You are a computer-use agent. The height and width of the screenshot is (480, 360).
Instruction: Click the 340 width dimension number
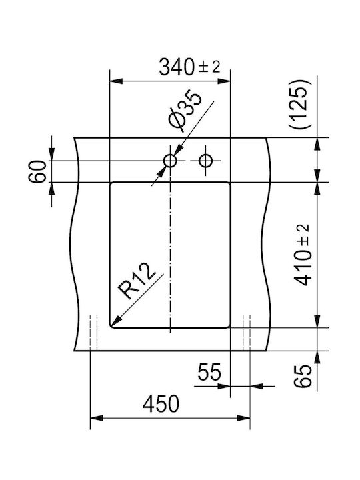(x=176, y=67)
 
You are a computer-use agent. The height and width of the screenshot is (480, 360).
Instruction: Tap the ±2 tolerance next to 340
(x=209, y=67)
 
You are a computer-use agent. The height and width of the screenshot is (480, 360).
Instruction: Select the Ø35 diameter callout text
(x=185, y=110)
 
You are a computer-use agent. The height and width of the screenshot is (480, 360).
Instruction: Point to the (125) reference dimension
(x=299, y=103)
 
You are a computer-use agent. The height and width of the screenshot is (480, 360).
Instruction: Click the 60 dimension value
(x=37, y=171)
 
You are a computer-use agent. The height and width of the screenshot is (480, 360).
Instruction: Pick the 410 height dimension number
(x=303, y=267)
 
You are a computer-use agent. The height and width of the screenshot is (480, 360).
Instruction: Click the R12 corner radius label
(x=137, y=281)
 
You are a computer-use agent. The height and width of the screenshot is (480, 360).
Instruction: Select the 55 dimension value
(x=209, y=371)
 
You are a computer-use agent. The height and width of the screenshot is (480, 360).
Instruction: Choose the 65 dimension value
(x=303, y=376)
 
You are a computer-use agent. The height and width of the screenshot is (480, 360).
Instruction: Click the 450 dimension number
(x=161, y=403)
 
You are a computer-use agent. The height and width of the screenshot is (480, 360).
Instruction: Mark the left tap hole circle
(x=170, y=161)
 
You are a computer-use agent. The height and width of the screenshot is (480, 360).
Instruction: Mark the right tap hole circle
(x=206, y=161)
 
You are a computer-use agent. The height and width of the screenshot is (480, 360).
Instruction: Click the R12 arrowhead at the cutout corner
(x=115, y=321)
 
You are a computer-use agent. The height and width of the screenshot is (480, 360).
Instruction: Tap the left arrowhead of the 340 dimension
(x=116, y=81)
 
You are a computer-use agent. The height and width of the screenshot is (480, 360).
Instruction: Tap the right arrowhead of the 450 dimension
(x=244, y=418)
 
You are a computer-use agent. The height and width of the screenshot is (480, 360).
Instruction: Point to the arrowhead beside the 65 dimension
(x=317, y=357)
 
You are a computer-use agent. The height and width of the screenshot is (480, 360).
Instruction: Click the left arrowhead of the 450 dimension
(x=97, y=418)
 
